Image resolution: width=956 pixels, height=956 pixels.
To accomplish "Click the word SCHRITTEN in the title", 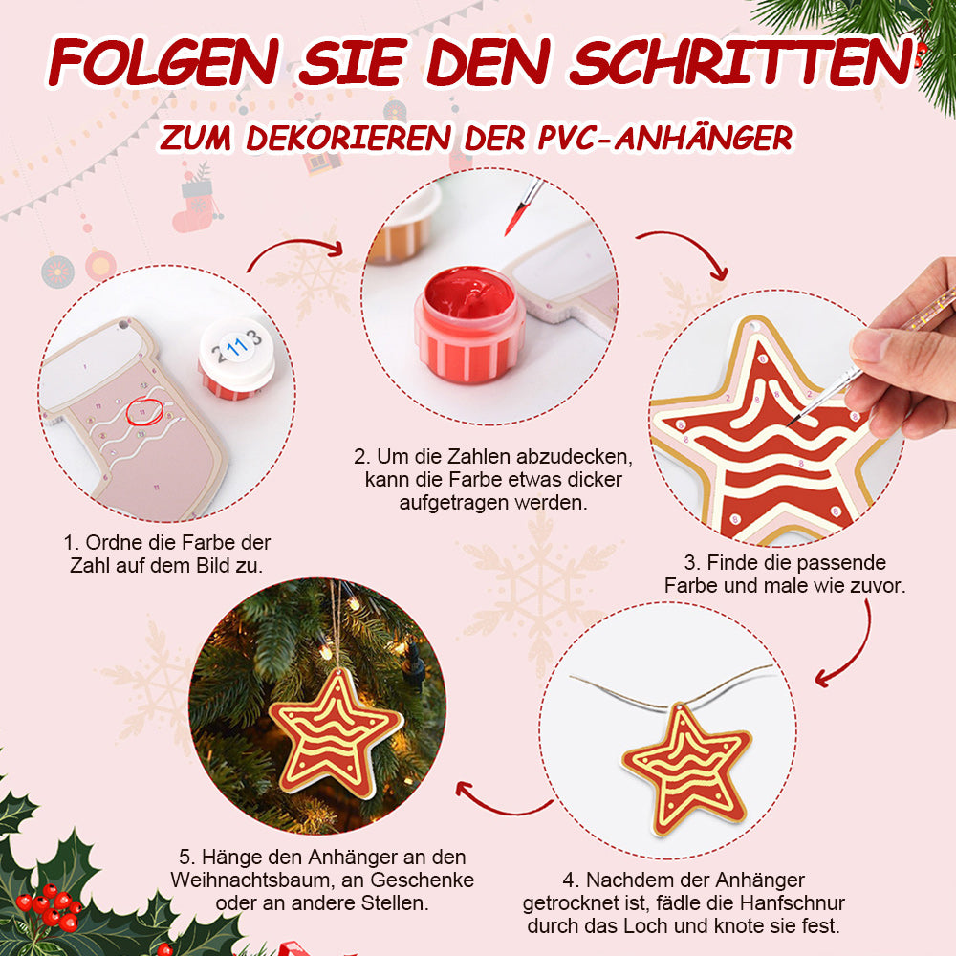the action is coord(742,63).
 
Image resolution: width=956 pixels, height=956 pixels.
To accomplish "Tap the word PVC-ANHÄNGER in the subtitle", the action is coord(665,138).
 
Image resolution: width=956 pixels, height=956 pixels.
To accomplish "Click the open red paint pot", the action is coord(468,324).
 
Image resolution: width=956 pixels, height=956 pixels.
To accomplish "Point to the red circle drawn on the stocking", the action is coord(144,411).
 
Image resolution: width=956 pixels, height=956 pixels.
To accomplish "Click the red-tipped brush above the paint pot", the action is coord(523,206).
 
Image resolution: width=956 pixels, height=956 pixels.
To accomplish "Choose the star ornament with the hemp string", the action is coord(687,770).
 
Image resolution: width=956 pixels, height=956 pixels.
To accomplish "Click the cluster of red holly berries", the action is coord(50,904).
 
